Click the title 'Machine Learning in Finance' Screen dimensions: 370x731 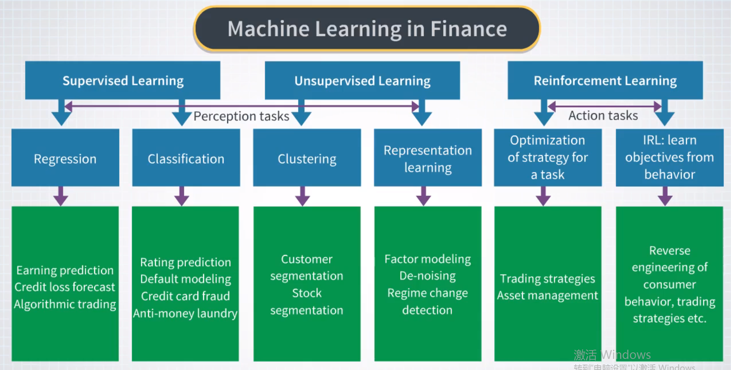(x=367, y=29)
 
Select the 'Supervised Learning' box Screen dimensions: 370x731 (x=123, y=80)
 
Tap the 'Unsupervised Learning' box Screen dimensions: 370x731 (x=362, y=80)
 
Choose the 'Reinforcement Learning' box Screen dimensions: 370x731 (x=605, y=80)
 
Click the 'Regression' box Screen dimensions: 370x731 (x=65, y=158)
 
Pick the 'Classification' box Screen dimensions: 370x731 (x=186, y=158)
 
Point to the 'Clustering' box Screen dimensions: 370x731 (x=307, y=158)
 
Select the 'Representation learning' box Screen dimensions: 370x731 (x=427, y=158)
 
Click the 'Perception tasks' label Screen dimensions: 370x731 (x=241, y=116)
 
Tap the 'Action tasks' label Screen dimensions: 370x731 (x=603, y=115)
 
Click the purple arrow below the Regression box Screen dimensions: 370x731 (x=61, y=196)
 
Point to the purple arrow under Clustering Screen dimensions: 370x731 (x=302, y=196)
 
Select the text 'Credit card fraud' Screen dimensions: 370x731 (x=185, y=296)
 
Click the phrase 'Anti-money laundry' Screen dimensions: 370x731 (x=185, y=313)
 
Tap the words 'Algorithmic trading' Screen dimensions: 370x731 (x=65, y=304)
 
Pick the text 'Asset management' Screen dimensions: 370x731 (x=547, y=295)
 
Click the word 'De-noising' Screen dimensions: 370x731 (x=427, y=275)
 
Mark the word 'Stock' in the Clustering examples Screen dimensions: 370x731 (x=307, y=293)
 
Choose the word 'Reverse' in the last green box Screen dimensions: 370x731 (x=669, y=250)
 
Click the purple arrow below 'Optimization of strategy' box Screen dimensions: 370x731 (x=543, y=196)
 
